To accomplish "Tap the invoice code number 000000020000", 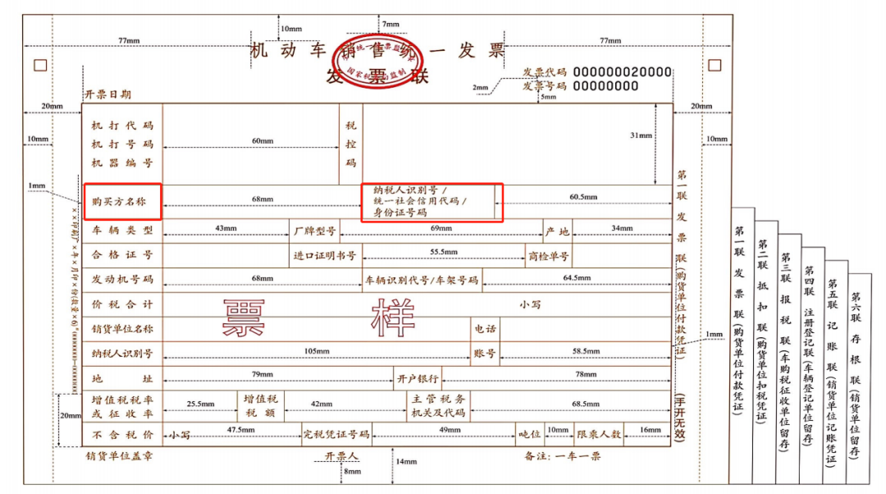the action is coord(623,71).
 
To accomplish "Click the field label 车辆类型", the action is coord(122,230).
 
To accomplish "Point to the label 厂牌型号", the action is coord(315,230).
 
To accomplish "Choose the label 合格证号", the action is coord(122,255).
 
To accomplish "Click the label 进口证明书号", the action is coord(325,255).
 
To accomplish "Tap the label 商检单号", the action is coord(549,255).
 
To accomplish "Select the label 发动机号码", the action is coord(122,280).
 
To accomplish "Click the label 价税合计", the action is coord(122,304).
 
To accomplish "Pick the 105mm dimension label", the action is coord(317,351).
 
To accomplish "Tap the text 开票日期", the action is coord(107,94).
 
